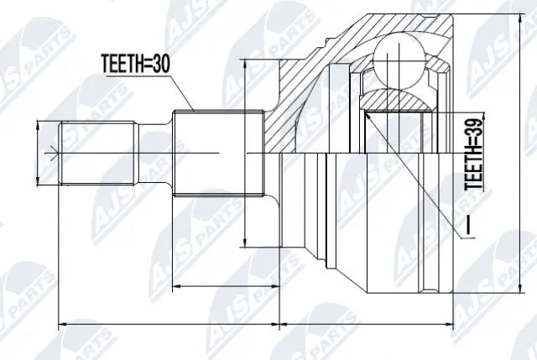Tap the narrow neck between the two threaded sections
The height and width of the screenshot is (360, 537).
click(154, 153)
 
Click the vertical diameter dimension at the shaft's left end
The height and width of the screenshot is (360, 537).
click(39, 153)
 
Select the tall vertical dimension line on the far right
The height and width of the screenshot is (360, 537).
click(528, 159)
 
